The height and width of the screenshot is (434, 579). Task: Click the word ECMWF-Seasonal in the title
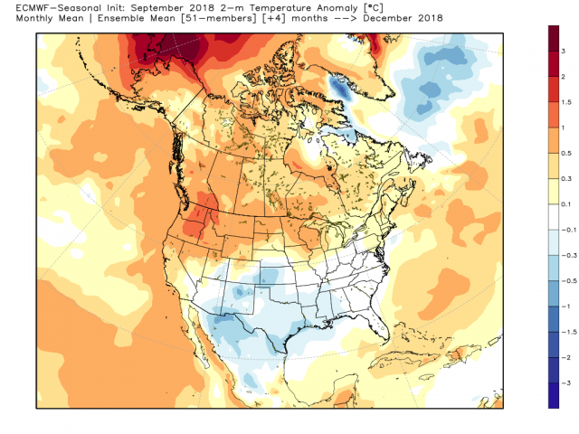point(52,8)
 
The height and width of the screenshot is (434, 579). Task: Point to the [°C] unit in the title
point(372,8)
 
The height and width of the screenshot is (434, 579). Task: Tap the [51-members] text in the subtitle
point(219,18)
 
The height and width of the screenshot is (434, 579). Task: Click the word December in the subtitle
point(387,18)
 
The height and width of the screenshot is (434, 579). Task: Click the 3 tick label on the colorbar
point(564,51)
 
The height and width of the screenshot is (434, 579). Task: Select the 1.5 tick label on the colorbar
point(566,102)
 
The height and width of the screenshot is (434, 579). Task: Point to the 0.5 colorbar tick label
point(566,153)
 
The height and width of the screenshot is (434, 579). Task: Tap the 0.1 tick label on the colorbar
point(566,204)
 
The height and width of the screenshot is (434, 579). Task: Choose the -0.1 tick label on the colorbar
point(569,230)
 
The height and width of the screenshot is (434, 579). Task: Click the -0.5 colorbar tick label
point(569,281)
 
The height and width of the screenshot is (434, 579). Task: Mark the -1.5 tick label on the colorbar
point(569,332)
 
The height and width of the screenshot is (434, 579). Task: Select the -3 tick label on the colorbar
point(565,383)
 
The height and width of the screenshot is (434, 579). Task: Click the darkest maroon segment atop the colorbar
point(554,38)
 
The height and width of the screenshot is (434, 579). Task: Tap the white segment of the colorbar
point(554,217)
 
